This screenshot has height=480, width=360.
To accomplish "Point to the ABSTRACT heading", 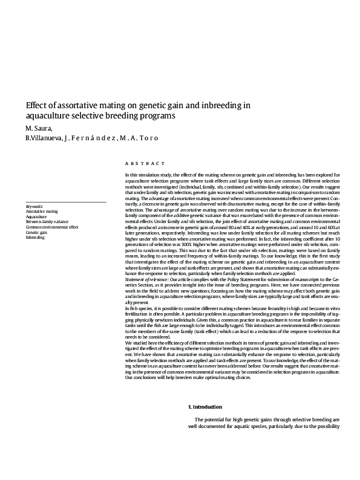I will (x=145, y=164).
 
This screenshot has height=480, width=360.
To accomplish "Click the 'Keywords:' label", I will (x=34, y=206).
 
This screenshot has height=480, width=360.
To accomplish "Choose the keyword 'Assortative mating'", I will (x=42, y=212).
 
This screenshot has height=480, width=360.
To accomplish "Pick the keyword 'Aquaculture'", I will (x=36, y=216).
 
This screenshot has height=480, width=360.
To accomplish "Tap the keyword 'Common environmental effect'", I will (x=52, y=227).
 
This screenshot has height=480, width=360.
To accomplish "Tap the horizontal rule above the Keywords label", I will (x=66, y=202).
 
